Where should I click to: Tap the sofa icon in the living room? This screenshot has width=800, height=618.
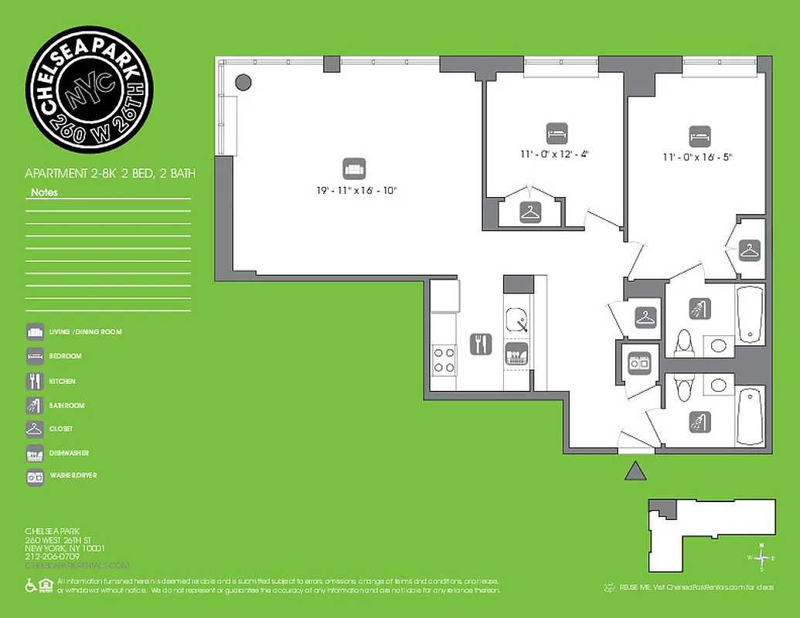tap(353, 168)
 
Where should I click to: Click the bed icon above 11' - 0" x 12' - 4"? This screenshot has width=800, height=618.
tap(556, 132)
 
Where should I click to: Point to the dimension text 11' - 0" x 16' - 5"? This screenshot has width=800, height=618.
tap(696, 156)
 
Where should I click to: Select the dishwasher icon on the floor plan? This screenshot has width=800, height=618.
tap(516, 356)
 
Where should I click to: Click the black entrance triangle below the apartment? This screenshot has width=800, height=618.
tap(635, 470)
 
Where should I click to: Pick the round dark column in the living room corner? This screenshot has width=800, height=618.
tap(243, 81)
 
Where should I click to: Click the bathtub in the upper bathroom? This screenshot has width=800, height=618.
tap(750, 314)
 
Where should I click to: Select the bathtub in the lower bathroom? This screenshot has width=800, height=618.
tap(750, 417)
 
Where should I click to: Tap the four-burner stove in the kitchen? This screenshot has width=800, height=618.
tap(444, 358)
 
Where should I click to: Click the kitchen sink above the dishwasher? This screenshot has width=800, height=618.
tap(517, 318)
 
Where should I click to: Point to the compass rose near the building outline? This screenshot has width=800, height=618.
tap(761, 557)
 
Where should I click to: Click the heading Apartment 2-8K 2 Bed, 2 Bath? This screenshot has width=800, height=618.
tap(110, 175)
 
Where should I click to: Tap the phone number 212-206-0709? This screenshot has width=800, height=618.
tap(53, 556)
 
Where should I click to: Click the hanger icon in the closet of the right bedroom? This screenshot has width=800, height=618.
tap(749, 250)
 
